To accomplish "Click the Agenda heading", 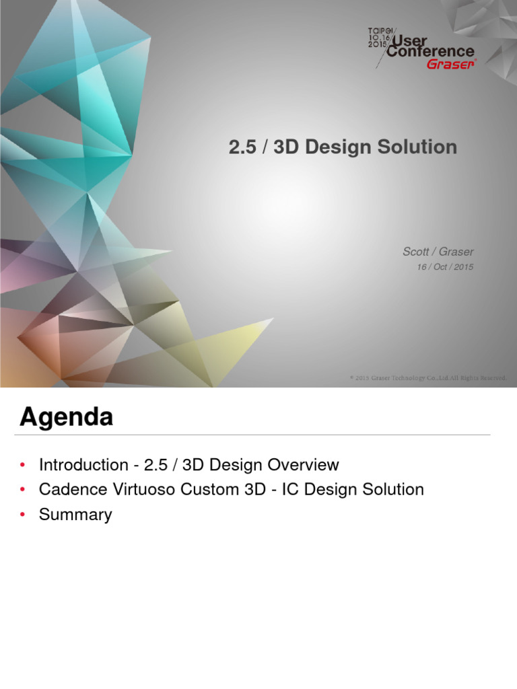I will click(x=66, y=418).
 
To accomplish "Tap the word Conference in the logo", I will click(x=431, y=52).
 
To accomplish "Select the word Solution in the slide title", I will click(x=421, y=147).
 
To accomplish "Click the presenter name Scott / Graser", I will click(x=438, y=252).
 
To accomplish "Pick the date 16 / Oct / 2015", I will click(x=446, y=267).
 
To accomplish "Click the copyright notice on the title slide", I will click(x=427, y=378).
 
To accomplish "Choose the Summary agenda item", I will click(x=75, y=515).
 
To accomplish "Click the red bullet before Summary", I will click(x=23, y=515).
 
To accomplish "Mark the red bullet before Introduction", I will click(x=23, y=466).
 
